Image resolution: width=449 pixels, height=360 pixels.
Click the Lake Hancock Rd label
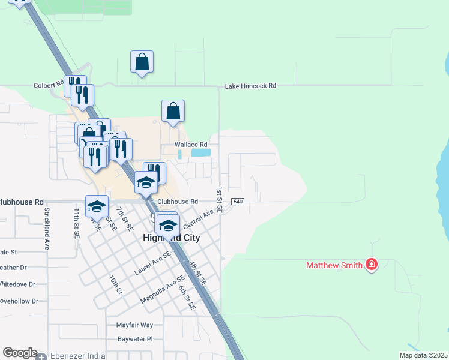pos(250,86)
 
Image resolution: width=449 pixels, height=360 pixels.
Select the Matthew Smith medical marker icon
pos(371,265)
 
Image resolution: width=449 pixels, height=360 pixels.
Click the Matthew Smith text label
pos(334,265)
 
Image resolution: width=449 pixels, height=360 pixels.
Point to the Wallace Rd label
pos(191,145)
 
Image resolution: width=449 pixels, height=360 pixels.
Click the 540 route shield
pos(238,202)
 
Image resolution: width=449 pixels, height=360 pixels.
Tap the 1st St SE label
pos(220,200)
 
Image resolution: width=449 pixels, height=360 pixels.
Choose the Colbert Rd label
pos(49,85)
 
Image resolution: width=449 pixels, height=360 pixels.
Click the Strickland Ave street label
pos(46,229)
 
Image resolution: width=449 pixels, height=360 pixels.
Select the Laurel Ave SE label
pos(152,263)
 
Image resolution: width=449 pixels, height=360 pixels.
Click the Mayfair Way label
pos(134,325)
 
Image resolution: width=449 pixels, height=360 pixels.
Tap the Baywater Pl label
pos(134,339)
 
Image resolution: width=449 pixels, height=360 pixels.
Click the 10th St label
pos(115,284)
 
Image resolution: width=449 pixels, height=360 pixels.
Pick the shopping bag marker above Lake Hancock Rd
pos(142,62)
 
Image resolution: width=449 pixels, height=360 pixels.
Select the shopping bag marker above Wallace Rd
pos(173,112)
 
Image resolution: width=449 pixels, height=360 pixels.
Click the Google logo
pos(20,353)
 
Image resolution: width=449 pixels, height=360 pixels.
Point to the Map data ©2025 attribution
pos(424,355)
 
